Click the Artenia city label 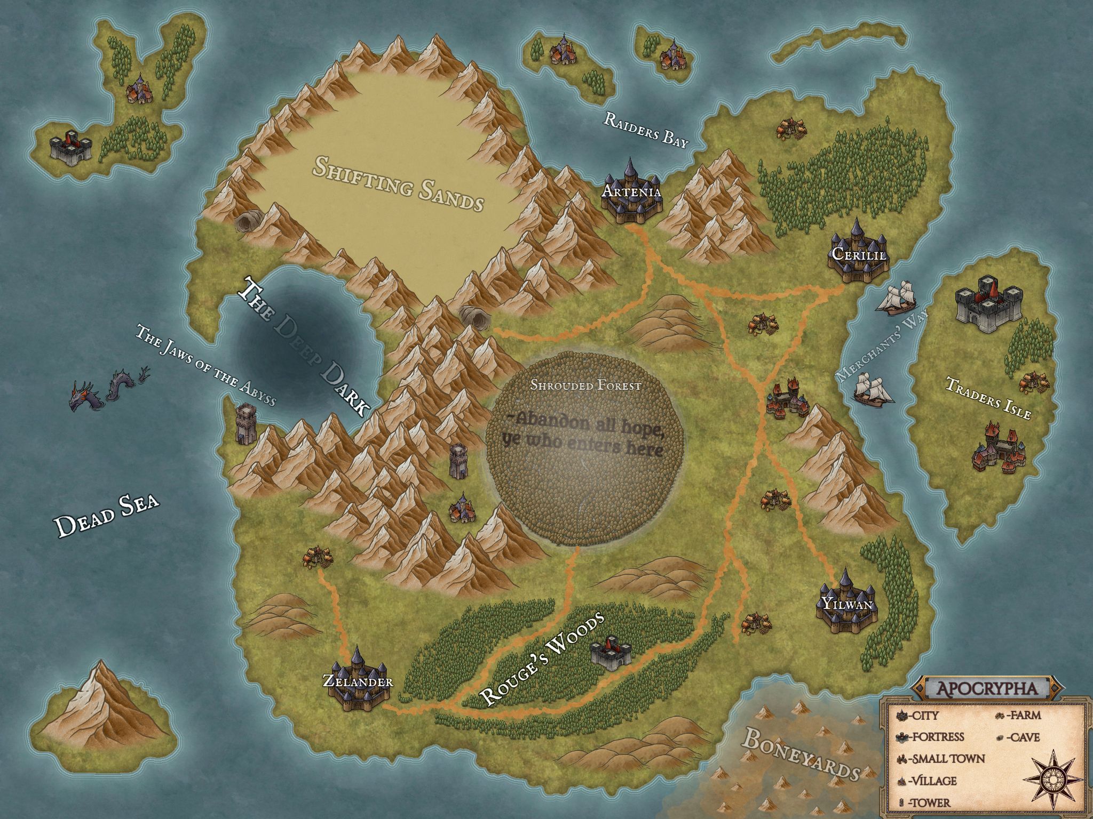point(631,191)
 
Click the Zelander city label point(358,681)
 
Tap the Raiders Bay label point(646,130)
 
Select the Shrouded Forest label point(585,385)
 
